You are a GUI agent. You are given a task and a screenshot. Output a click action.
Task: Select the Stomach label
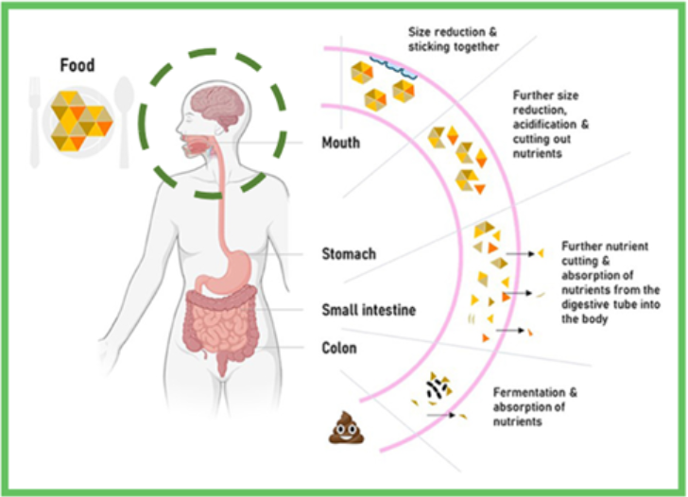point(349,254)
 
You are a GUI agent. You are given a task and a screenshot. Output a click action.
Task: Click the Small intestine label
point(368,309)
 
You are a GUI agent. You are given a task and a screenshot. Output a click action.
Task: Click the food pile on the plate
point(80,118)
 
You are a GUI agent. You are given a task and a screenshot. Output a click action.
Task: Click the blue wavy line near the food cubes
point(395,63)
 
